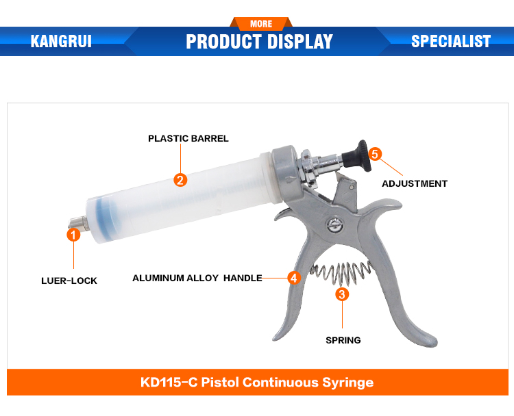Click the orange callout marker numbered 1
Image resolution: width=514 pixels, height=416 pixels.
coord(73,235)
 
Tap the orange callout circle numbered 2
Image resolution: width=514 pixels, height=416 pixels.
coord(180,180)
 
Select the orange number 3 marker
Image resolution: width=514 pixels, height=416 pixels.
coord(342,294)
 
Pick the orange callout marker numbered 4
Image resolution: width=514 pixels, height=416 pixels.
coord(294,278)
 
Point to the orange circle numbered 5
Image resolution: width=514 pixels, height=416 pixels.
coord(375,154)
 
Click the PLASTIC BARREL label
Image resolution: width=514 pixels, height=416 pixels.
coord(188,138)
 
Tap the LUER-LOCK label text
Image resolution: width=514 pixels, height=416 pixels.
coord(69,281)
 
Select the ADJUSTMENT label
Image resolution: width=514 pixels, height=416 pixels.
coord(415,183)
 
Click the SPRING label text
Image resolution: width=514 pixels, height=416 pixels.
coord(343,340)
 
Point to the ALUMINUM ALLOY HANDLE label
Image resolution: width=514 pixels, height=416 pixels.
coord(197,278)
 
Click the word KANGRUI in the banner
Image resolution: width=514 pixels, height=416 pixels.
coord(61,41)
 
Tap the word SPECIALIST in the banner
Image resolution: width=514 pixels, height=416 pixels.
coord(451,41)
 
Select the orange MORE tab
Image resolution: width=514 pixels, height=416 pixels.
coord(261,23)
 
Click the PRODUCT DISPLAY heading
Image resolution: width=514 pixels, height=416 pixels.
coord(259,42)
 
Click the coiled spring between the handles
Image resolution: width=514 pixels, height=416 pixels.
coord(341,272)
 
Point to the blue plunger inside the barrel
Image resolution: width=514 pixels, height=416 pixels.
coord(106,216)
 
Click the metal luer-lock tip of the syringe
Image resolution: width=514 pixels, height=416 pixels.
coord(77,222)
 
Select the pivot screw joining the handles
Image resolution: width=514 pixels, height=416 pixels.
coord(335,225)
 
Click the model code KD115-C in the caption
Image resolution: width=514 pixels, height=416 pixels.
coord(169,382)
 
